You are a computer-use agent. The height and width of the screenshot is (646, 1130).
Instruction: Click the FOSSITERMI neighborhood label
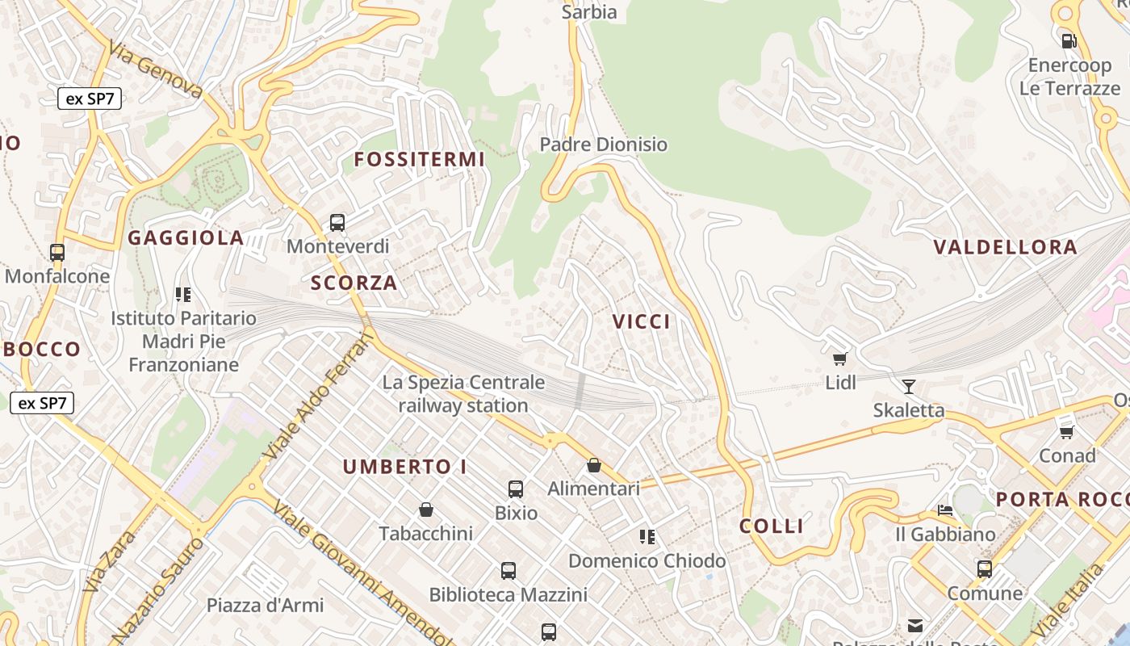419,159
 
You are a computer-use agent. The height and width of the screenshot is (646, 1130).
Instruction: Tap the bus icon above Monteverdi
337,223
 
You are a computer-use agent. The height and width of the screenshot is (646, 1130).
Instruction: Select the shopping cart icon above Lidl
840,359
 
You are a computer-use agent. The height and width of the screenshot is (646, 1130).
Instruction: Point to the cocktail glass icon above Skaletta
909,386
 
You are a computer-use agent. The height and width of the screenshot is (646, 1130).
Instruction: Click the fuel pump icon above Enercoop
1069,40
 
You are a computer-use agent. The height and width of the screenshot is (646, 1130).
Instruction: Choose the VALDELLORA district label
1005,247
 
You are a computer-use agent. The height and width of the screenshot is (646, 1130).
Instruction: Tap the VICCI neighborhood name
641,321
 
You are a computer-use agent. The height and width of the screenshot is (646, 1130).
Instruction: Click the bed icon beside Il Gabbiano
945,510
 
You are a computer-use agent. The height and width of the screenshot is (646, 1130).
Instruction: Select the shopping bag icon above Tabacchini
426,510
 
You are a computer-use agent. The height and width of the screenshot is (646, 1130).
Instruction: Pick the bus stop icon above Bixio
516,489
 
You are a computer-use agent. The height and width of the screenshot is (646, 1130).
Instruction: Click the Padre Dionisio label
603,145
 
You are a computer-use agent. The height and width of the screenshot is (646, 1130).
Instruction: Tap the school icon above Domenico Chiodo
647,536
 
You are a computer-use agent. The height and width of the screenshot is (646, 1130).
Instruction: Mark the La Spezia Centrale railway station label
463,394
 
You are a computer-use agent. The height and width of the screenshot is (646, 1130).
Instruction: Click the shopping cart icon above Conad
1067,432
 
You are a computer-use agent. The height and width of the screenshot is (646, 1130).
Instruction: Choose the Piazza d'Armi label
265,605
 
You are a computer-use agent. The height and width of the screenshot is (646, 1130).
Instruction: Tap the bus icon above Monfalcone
56,253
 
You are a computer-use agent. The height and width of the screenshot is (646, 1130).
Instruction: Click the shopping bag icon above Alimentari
594,465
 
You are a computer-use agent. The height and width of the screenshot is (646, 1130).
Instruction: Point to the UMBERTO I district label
404,467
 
